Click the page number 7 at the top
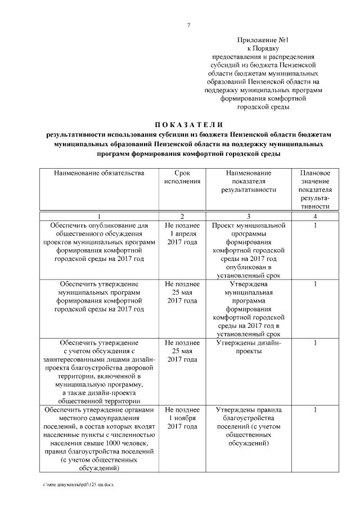point(188,25)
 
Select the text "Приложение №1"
point(263,40)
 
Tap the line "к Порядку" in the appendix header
point(263,49)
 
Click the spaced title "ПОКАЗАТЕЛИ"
point(189,124)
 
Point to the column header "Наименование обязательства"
point(99,173)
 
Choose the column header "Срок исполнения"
point(182,177)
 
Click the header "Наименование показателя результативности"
point(249,181)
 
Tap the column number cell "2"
point(182,217)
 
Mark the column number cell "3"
point(249,217)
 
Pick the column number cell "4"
point(315,217)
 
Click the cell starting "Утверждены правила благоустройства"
point(249,426)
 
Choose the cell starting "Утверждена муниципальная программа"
point(249,309)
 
